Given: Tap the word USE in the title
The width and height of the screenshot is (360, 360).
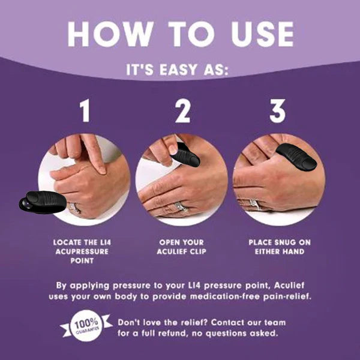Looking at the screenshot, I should coord(256,34).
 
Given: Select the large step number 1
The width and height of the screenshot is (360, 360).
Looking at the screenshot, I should coord(85,111).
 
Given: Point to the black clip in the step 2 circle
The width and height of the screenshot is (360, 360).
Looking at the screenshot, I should coord(186,157).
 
